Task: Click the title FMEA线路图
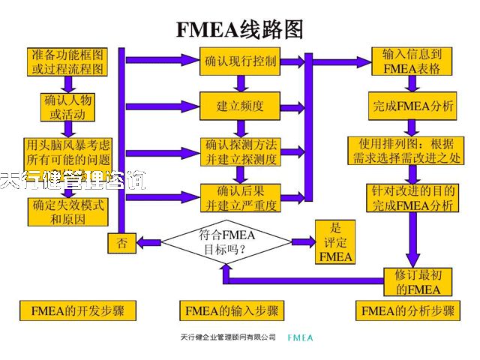[x=240, y=28]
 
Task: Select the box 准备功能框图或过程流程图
[x=67, y=61]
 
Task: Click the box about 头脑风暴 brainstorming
[x=67, y=151]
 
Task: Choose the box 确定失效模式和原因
[x=67, y=211]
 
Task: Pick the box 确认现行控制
[x=240, y=61]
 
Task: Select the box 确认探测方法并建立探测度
[x=240, y=151]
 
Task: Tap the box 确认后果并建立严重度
[x=240, y=196]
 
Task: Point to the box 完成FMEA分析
[x=413, y=106]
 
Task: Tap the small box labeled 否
[x=121, y=242]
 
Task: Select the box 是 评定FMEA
[x=335, y=241]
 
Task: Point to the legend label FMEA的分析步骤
[x=408, y=310]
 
